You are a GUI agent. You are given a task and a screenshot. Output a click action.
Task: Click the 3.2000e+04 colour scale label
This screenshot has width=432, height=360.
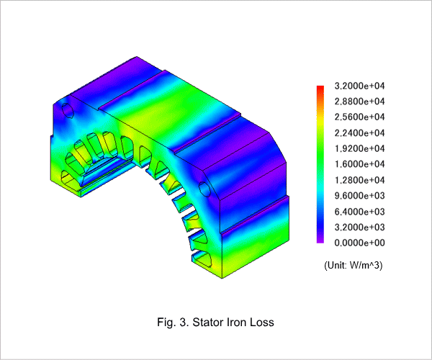coord(359,86)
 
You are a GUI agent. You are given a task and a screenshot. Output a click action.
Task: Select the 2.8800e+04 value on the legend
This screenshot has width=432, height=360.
coord(359,102)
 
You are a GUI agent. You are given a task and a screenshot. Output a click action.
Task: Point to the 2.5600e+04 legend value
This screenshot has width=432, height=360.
coord(359,117)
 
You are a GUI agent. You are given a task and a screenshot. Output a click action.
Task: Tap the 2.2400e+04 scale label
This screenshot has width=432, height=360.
coord(359,133)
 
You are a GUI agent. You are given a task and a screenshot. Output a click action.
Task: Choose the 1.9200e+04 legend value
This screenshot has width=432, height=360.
coord(359,149)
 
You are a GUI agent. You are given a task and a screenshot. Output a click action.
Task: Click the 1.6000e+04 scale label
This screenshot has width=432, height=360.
coord(359,164)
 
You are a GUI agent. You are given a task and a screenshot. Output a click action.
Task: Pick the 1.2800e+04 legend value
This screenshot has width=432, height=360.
coord(359,180)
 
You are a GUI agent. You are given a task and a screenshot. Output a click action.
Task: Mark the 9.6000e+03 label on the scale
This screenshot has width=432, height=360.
coord(359,196)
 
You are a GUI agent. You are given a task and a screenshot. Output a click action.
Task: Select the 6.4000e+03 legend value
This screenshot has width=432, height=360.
coord(359,212)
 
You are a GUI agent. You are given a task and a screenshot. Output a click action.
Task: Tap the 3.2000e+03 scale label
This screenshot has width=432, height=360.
coord(359,228)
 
